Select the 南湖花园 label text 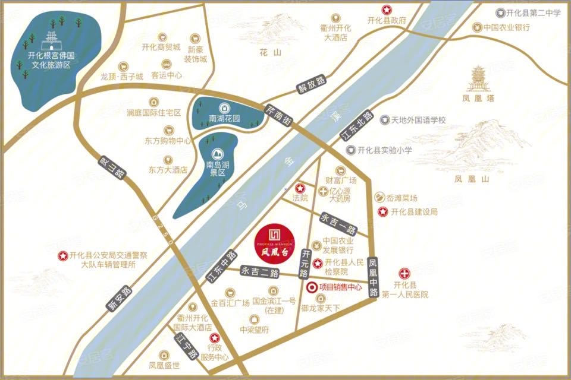coord(224,118)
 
